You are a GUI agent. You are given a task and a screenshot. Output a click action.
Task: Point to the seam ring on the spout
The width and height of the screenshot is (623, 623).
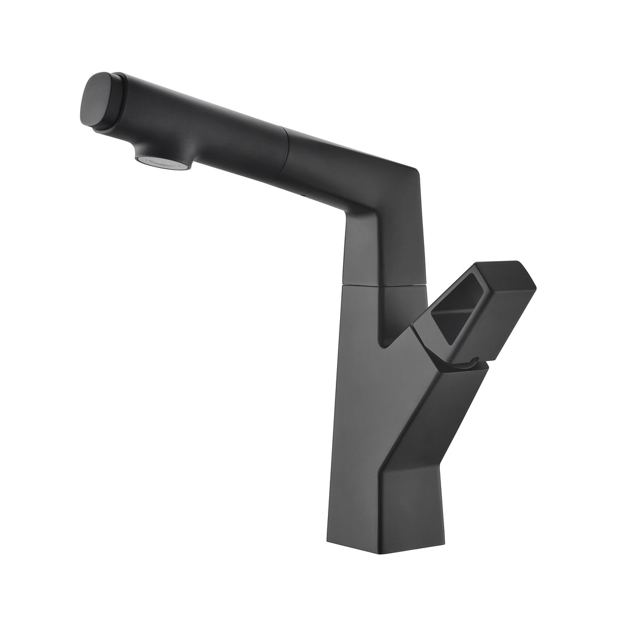click(x=285, y=152)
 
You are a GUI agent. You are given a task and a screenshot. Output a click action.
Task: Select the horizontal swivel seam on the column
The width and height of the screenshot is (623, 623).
click(x=383, y=285)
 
